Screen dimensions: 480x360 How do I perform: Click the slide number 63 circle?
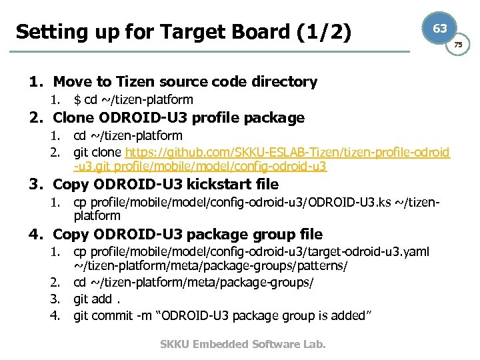click(x=440, y=29)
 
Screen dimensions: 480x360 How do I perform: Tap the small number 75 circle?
click(x=457, y=45)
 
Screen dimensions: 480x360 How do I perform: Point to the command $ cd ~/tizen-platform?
click(x=133, y=100)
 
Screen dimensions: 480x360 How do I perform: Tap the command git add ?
click(x=93, y=298)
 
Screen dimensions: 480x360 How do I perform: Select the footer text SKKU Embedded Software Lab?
click(x=243, y=344)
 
